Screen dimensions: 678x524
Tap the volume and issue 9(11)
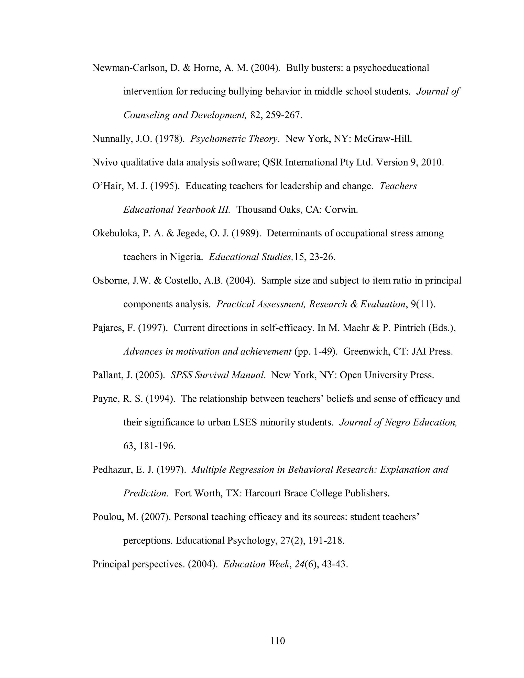pos(422,304)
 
